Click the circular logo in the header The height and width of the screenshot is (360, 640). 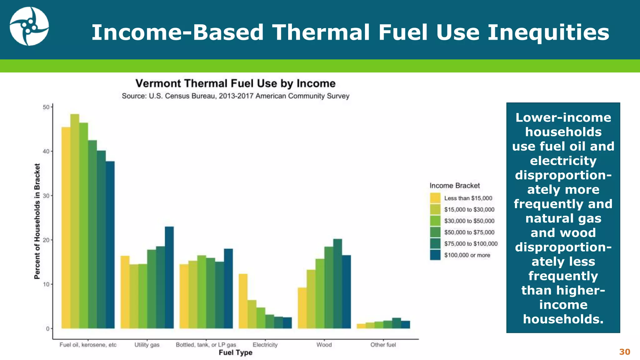coord(29,26)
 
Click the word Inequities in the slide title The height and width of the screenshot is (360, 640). coord(548,32)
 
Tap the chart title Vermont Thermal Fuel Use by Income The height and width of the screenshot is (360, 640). coord(235,83)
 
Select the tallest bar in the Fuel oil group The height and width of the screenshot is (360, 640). coord(75,221)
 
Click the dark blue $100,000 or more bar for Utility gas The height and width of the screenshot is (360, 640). coord(169,277)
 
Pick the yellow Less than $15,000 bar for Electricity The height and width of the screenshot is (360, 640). coord(243,301)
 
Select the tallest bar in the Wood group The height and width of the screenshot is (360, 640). coord(337,283)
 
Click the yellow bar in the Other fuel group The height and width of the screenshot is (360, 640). coord(361,326)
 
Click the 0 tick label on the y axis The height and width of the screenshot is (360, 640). coord(48,329)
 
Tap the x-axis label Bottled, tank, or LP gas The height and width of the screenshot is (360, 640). coord(206,345)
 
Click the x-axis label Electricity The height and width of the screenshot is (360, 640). coord(265,345)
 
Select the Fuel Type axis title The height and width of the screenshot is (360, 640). coord(235,352)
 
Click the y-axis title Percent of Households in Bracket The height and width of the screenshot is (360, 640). coord(37,221)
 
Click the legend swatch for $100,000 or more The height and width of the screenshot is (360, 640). coord(435,255)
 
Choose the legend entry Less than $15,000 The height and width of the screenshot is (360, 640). coord(468,198)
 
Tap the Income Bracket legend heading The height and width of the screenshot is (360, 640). coord(454,186)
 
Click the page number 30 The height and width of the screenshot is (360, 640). coord(624,352)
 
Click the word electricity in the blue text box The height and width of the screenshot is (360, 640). coord(563,161)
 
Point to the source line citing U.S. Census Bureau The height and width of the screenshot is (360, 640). coord(235,96)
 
